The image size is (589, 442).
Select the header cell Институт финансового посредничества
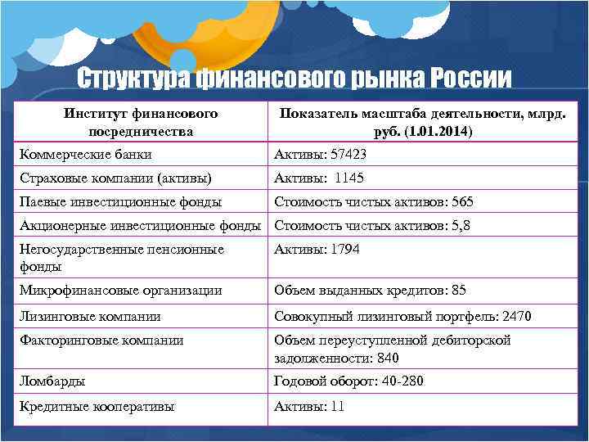[x=141, y=121]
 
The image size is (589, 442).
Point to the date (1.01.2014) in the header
[x=434, y=131]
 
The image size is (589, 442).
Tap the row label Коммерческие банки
[x=85, y=154]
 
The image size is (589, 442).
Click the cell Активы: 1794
[x=317, y=250]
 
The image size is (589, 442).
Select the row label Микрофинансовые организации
[x=120, y=291]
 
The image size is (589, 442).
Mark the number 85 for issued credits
[x=458, y=291]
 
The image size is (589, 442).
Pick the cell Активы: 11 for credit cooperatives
[x=309, y=406]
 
